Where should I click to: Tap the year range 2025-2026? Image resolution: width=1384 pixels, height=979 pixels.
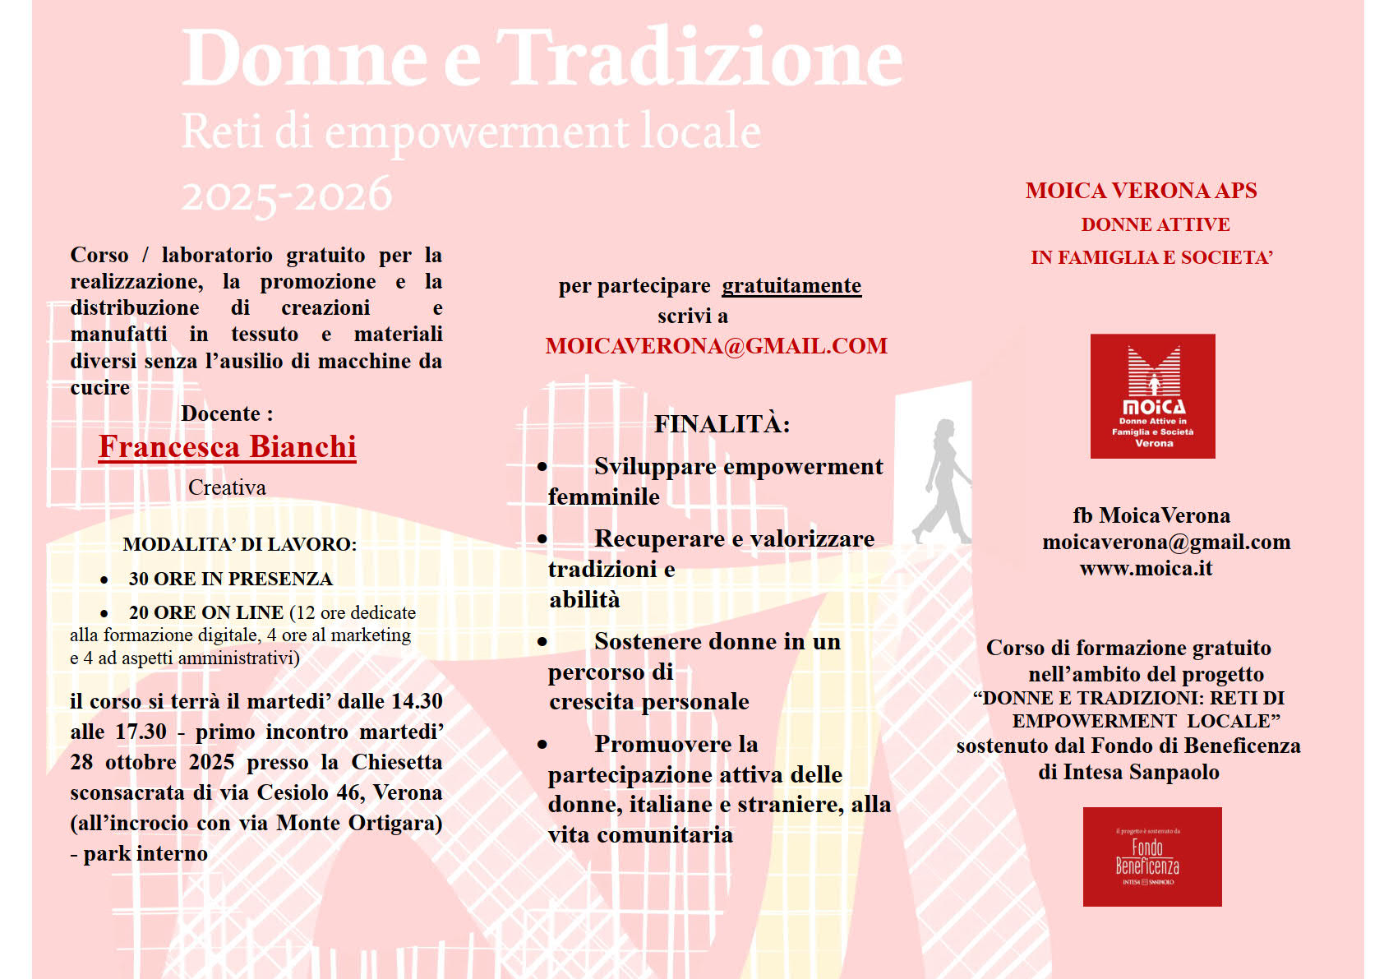click(287, 196)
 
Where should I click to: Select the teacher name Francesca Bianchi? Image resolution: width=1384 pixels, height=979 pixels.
click(228, 446)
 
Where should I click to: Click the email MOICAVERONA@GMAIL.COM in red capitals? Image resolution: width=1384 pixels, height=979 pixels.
click(716, 346)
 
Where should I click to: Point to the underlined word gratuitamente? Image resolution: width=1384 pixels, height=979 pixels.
click(791, 286)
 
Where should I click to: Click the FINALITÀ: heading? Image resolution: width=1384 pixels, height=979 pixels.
click(722, 424)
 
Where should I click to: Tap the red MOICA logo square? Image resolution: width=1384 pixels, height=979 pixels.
click(1152, 396)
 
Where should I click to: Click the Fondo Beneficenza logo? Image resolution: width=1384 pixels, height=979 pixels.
click(1151, 857)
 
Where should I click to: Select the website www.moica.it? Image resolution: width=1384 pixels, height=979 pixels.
click(1146, 569)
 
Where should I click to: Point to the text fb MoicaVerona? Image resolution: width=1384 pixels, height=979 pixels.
click(1151, 516)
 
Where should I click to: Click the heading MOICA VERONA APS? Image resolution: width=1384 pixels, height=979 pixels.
click(1141, 191)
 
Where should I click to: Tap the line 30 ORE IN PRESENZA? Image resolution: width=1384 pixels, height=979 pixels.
click(230, 580)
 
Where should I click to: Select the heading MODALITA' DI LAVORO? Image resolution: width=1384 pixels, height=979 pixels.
click(239, 544)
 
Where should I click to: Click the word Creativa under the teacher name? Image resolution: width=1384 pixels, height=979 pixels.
click(227, 488)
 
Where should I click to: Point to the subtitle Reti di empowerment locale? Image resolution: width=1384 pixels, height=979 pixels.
click(471, 132)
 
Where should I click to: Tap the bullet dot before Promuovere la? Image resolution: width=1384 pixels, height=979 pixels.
click(542, 745)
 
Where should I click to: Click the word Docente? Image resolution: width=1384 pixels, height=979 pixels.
click(220, 413)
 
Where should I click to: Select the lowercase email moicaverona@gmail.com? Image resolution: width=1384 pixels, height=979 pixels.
click(1166, 543)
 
